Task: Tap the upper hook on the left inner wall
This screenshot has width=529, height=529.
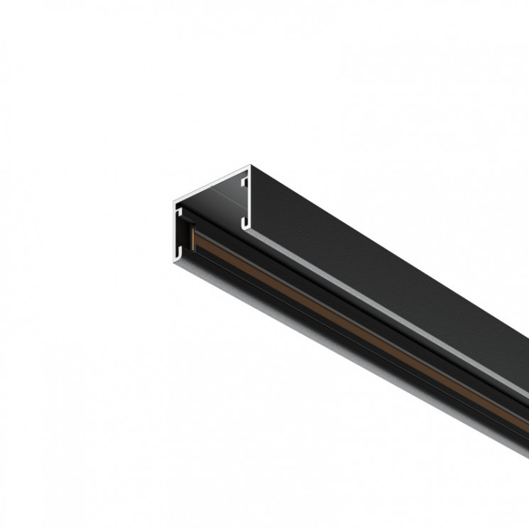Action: click(179, 211)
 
